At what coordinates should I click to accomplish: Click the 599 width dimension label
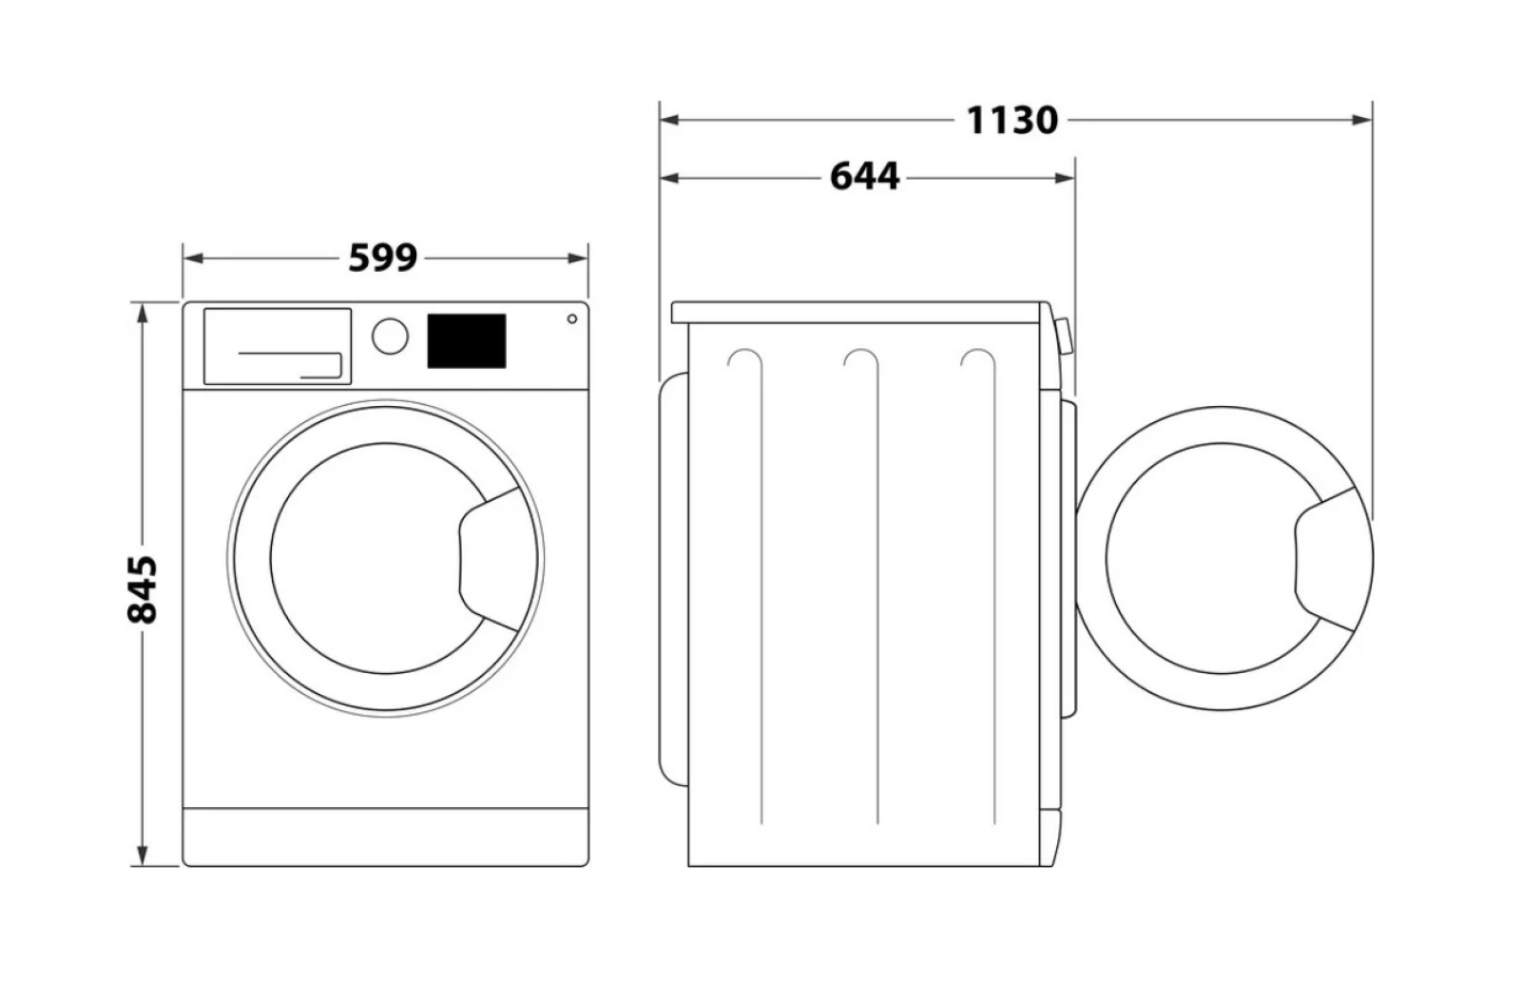click(383, 258)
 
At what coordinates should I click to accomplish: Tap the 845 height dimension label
click(143, 589)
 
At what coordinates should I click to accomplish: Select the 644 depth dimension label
click(864, 177)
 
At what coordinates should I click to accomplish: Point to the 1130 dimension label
click(1011, 120)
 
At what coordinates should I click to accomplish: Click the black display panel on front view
click(467, 340)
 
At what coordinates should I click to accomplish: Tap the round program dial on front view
click(390, 336)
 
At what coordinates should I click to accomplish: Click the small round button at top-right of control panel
click(571, 318)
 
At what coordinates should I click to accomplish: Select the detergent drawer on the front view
click(278, 346)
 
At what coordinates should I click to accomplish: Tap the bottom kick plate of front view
click(386, 837)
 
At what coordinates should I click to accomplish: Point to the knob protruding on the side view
click(1065, 337)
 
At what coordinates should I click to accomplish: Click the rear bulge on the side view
click(674, 579)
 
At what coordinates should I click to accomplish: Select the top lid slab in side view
click(857, 312)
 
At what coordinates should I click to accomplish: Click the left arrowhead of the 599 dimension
click(194, 259)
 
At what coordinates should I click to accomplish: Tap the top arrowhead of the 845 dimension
click(143, 313)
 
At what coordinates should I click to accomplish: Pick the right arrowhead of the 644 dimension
click(1064, 179)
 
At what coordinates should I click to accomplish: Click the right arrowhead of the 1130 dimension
click(1361, 120)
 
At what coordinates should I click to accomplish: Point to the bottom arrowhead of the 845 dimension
click(143, 856)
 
